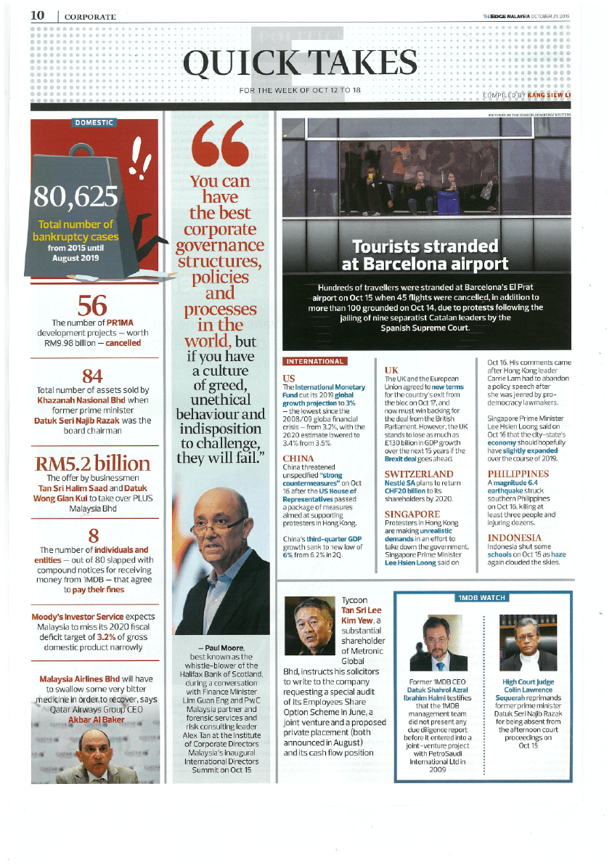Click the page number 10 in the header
point(38,15)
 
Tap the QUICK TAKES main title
point(301,65)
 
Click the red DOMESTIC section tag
point(94,122)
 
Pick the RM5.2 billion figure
point(93,463)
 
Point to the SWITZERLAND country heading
point(418,474)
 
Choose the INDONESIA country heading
point(514,538)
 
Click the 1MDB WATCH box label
point(481,597)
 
